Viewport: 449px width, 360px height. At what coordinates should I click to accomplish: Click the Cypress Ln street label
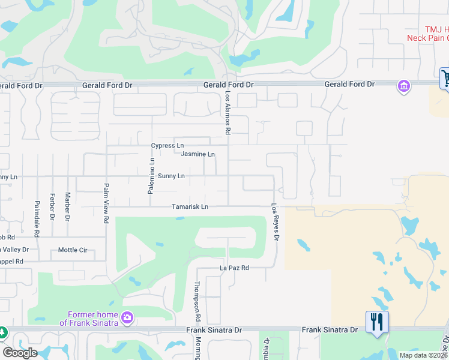[167, 146]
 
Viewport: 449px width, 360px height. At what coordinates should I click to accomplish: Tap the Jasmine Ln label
[197, 154]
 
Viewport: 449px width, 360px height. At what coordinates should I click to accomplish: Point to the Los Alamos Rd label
[228, 113]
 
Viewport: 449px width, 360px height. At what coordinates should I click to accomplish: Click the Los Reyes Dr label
[276, 221]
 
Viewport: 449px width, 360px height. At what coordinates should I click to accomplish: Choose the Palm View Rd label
[106, 203]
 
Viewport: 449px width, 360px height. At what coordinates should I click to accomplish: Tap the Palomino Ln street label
[152, 175]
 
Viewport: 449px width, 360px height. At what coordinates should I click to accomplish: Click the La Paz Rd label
[234, 268]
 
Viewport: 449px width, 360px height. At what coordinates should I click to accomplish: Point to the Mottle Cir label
[73, 250]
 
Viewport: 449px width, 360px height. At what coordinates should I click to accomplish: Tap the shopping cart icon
[445, 78]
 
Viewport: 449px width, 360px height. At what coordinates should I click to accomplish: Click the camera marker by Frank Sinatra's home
[127, 317]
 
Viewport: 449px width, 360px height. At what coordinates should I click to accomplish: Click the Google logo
[19, 353]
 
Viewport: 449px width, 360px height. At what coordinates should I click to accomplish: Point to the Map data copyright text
[423, 355]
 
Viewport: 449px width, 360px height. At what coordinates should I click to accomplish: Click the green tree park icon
[2, 332]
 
